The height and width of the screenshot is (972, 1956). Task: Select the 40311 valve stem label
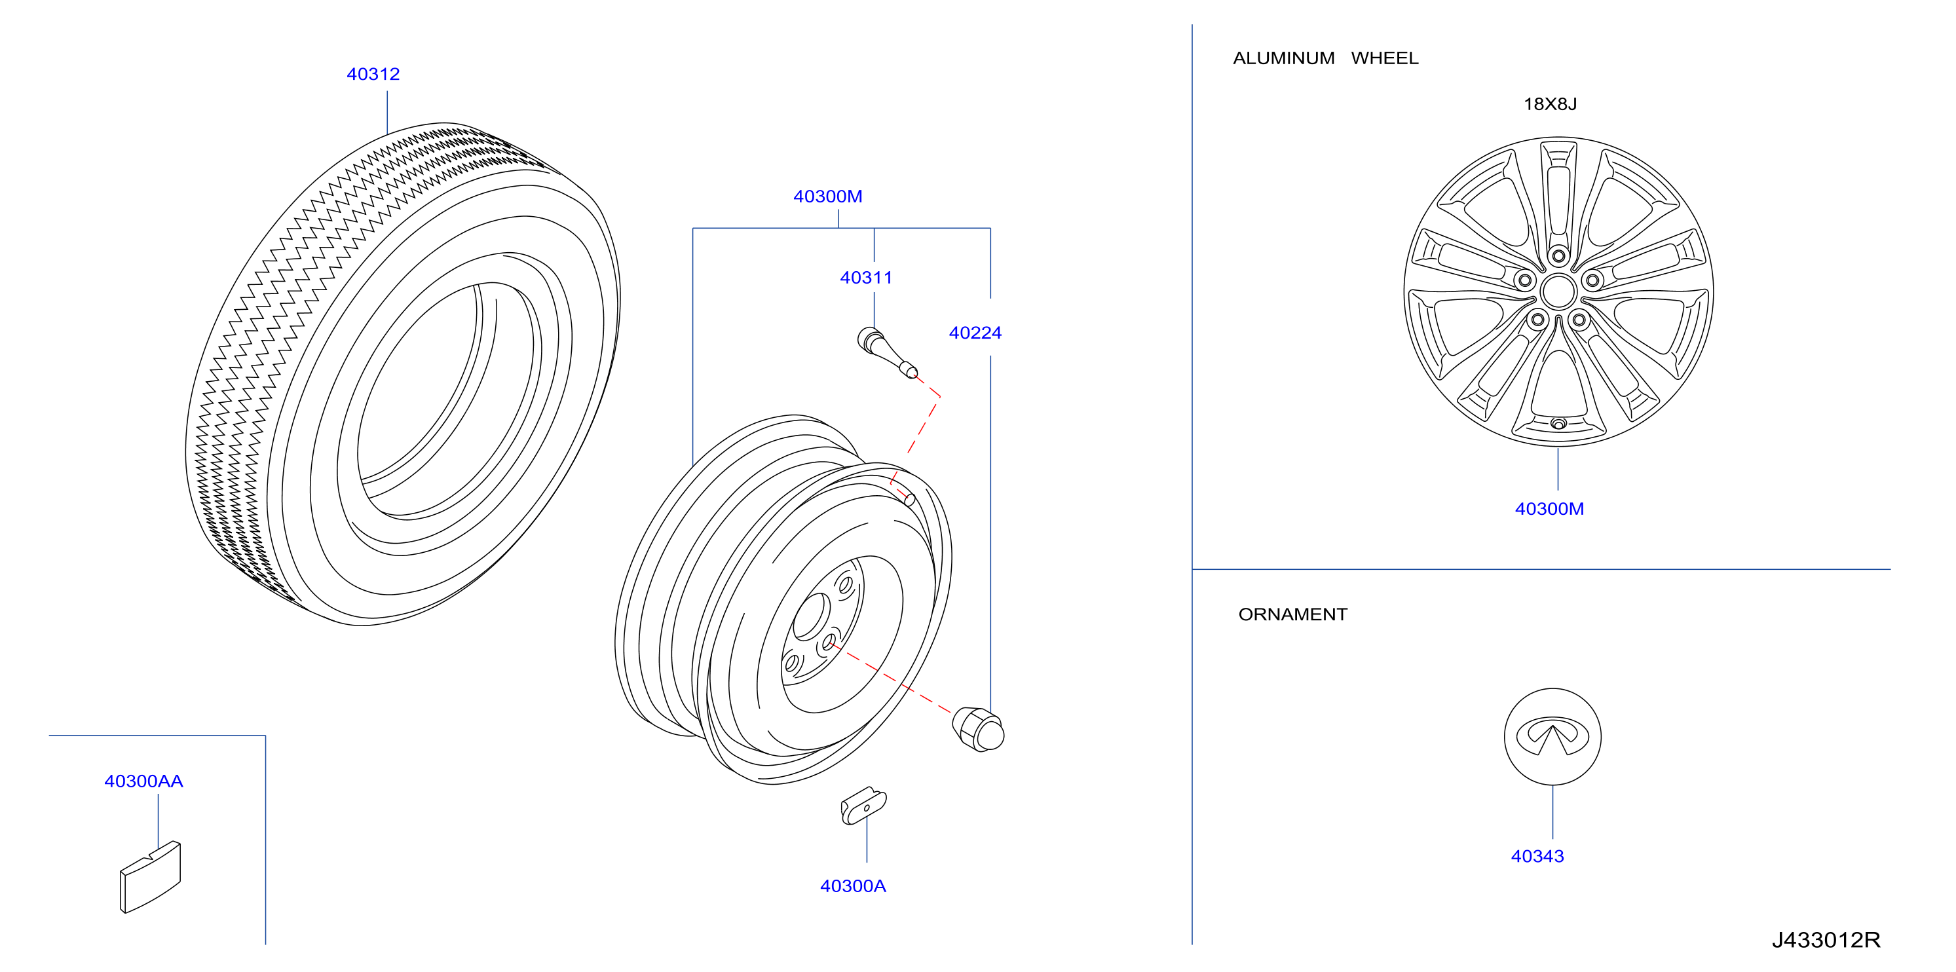pos(865,278)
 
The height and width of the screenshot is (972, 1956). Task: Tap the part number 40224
pos(975,333)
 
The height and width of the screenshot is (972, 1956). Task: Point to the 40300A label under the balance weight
pos(853,886)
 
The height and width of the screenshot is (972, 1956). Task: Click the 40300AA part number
pos(143,781)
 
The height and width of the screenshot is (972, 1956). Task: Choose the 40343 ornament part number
pos(1537,857)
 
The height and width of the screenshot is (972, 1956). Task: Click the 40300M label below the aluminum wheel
pos(1549,509)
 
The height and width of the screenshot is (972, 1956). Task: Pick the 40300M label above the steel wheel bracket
pos(827,196)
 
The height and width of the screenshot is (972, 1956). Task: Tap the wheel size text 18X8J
pos(1550,104)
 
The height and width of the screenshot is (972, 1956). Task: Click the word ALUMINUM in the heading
pos(1283,58)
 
